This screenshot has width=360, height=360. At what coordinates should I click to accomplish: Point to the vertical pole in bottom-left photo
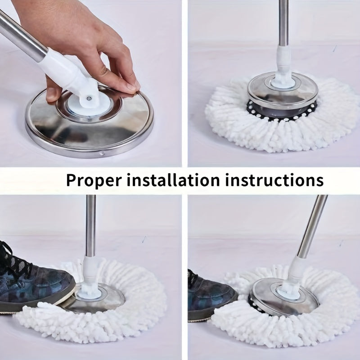(x=91, y=225)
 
